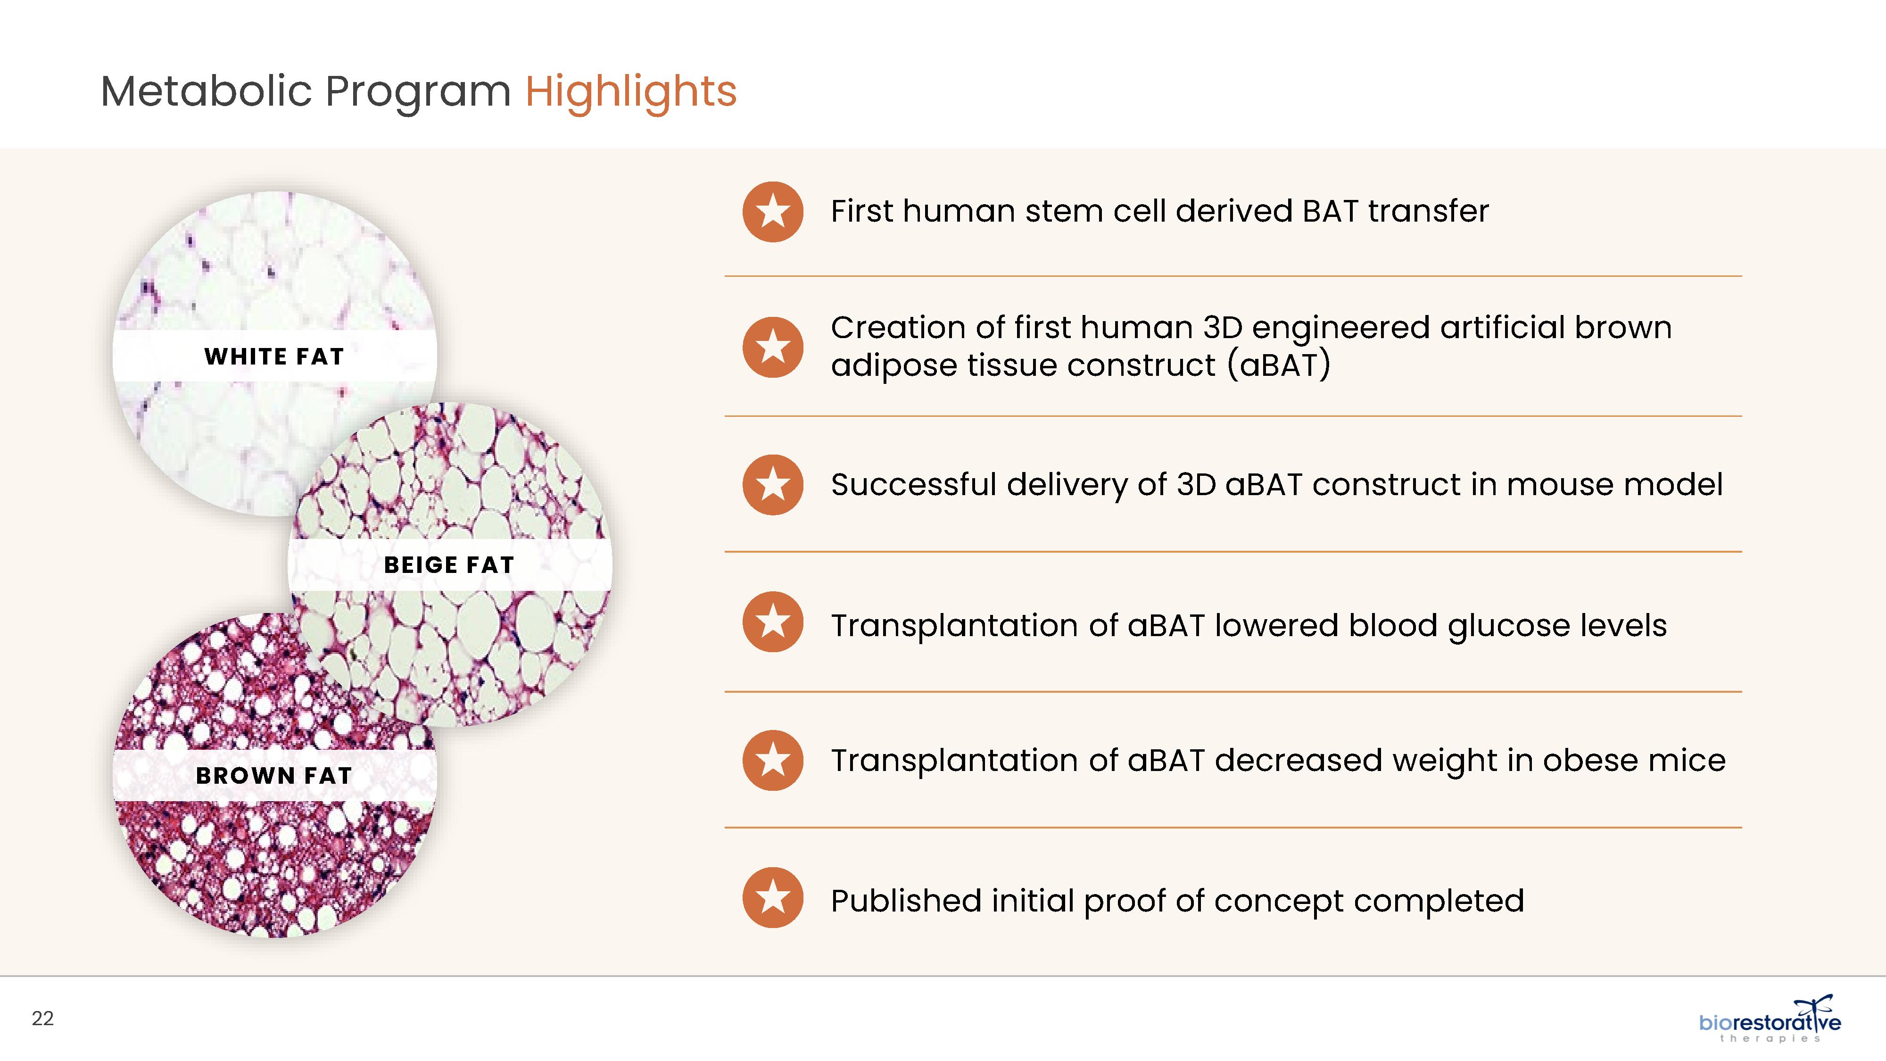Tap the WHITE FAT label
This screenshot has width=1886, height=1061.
(x=274, y=356)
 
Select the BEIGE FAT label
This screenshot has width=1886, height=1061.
(x=449, y=565)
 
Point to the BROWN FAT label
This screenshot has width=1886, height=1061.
(x=274, y=775)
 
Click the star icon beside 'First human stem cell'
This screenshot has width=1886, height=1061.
(x=772, y=212)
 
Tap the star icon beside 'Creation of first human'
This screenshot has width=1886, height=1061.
(x=772, y=347)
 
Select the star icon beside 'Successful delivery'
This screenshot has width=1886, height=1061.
(x=772, y=485)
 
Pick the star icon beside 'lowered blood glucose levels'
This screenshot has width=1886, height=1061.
(x=772, y=622)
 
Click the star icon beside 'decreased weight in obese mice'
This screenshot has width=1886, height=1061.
(x=772, y=760)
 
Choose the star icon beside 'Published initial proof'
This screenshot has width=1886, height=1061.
(x=772, y=898)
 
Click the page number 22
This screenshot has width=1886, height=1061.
(x=42, y=1019)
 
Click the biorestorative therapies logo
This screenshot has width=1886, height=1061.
(x=1770, y=1019)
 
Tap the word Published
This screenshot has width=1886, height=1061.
(x=906, y=901)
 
